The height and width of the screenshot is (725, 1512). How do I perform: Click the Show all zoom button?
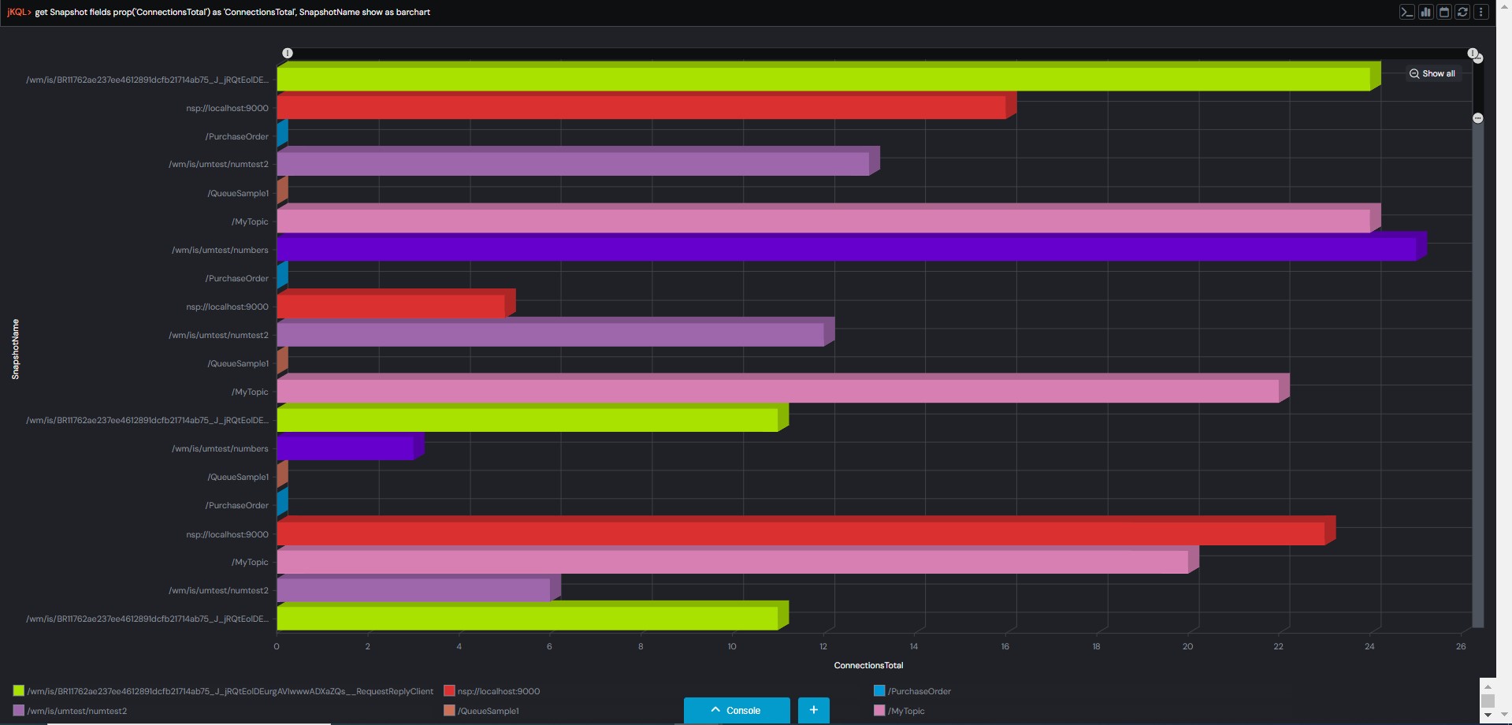(x=1432, y=73)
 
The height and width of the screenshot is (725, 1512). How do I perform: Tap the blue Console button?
(x=736, y=710)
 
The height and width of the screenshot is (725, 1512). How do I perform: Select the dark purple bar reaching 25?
(x=846, y=249)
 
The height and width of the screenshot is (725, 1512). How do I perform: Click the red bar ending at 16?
(x=641, y=107)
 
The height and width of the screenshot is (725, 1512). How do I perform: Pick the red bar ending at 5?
(x=391, y=306)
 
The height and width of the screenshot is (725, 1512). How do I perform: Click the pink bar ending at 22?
(x=778, y=391)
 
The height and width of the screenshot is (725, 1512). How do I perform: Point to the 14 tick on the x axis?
(x=914, y=646)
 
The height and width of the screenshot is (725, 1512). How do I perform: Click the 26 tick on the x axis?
(x=1461, y=646)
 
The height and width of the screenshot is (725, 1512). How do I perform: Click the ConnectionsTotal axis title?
(x=868, y=665)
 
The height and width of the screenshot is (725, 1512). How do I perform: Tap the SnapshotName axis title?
(x=15, y=349)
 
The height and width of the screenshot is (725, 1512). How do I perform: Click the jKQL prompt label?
(x=18, y=12)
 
